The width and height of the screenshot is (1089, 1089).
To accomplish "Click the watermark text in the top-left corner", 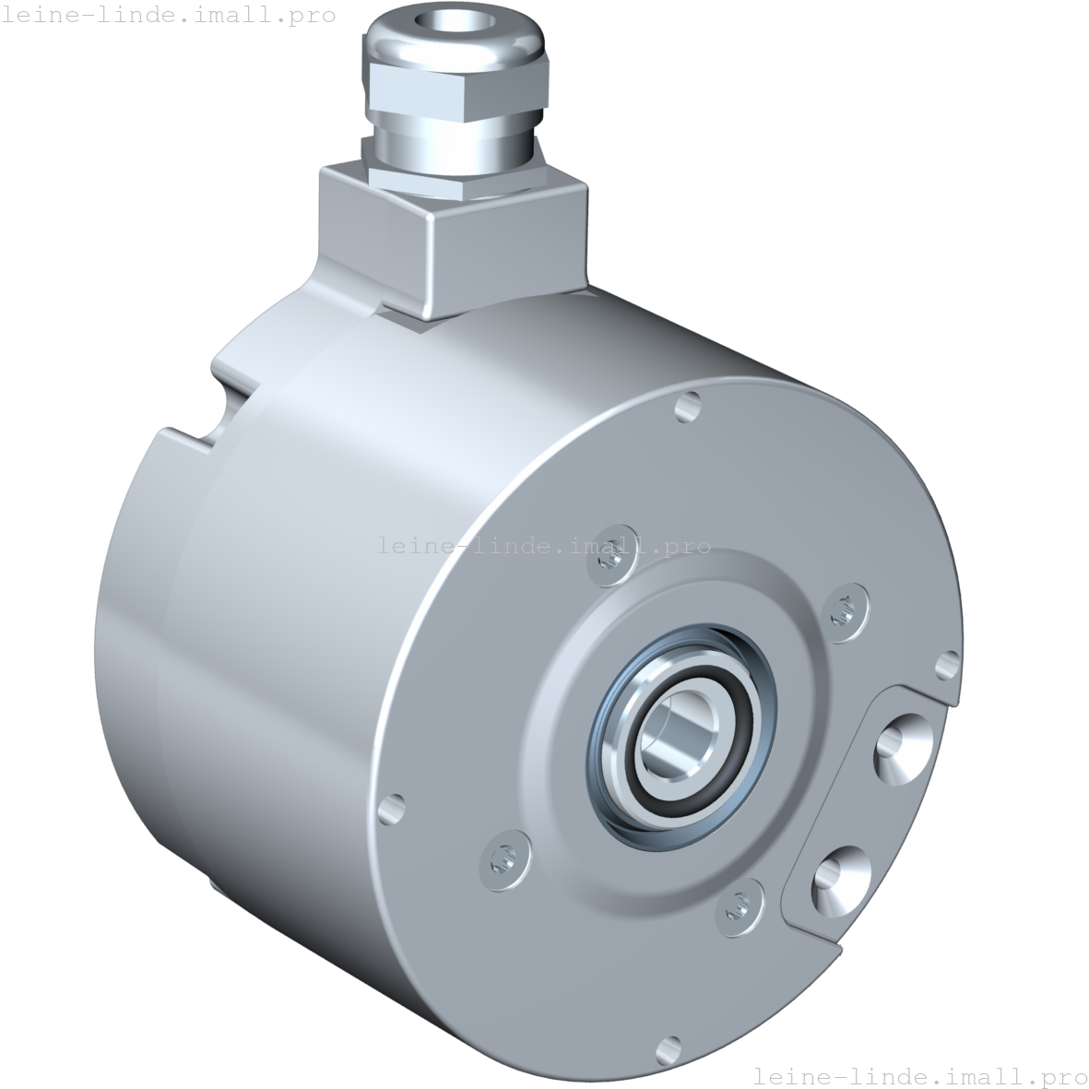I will (168, 16).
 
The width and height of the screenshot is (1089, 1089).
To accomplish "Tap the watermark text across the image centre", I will (544, 546).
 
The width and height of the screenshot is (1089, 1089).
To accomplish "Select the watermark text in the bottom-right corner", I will (919, 1075).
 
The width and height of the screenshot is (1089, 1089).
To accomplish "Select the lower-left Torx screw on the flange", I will (503, 858).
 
